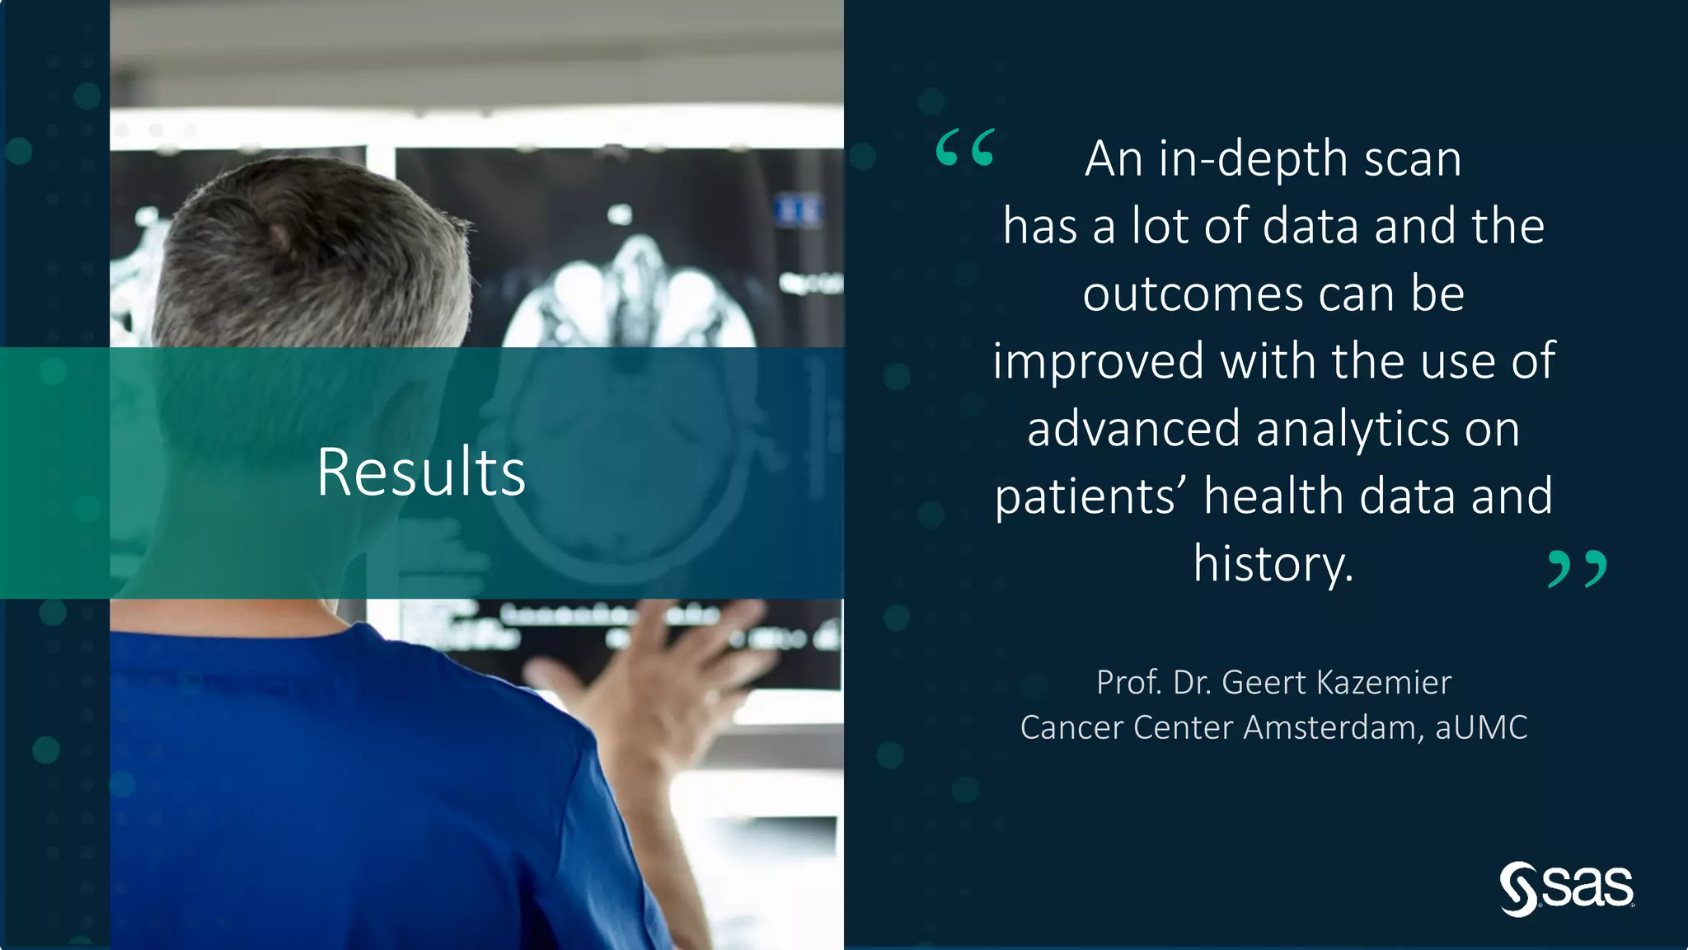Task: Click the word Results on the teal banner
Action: point(420,473)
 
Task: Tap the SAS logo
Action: point(1566,889)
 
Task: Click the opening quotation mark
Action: point(965,148)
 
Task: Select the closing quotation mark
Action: point(1578,569)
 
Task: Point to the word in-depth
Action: point(1253,159)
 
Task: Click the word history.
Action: point(1273,564)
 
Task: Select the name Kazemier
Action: point(1384,683)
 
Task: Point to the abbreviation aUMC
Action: point(1481,727)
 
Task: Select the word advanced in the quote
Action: point(1133,430)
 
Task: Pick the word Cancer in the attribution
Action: point(1072,727)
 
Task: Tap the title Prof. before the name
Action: point(1128,683)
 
